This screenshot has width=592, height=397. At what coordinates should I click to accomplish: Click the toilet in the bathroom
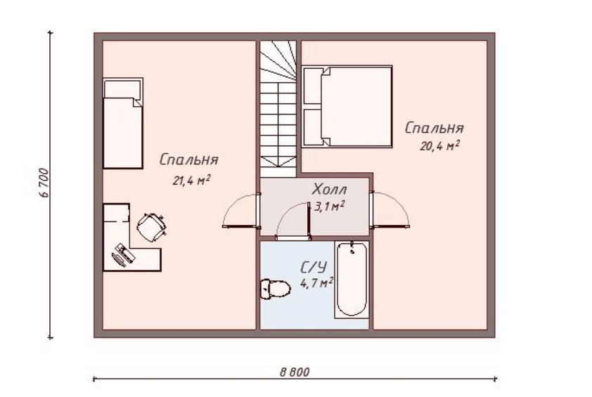click(275, 289)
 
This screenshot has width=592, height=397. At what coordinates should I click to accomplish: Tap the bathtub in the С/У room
click(352, 279)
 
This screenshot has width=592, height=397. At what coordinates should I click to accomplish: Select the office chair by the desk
click(151, 226)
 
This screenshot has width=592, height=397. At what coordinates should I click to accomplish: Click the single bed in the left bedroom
click(123, 123)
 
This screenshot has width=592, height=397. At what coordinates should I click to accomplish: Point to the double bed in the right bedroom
click(347, 106)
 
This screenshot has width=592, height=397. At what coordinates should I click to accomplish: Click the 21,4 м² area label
click(191, 180)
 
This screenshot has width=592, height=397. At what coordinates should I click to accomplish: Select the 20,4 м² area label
click(440, 145)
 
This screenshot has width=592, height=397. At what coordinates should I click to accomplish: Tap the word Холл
click(330, 189)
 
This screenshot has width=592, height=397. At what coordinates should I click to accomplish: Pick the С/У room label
click(314, 267)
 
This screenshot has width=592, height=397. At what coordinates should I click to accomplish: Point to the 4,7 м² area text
click(316, 282)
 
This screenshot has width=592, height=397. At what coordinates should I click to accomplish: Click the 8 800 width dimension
click(295, 372)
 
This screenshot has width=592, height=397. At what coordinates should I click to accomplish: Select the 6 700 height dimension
click(44, 183)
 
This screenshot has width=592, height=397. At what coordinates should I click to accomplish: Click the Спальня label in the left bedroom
click(188, 160)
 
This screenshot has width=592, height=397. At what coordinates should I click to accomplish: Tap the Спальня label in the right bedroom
click(435, 128)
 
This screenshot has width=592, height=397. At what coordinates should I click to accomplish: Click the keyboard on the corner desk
click(119, 260)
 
